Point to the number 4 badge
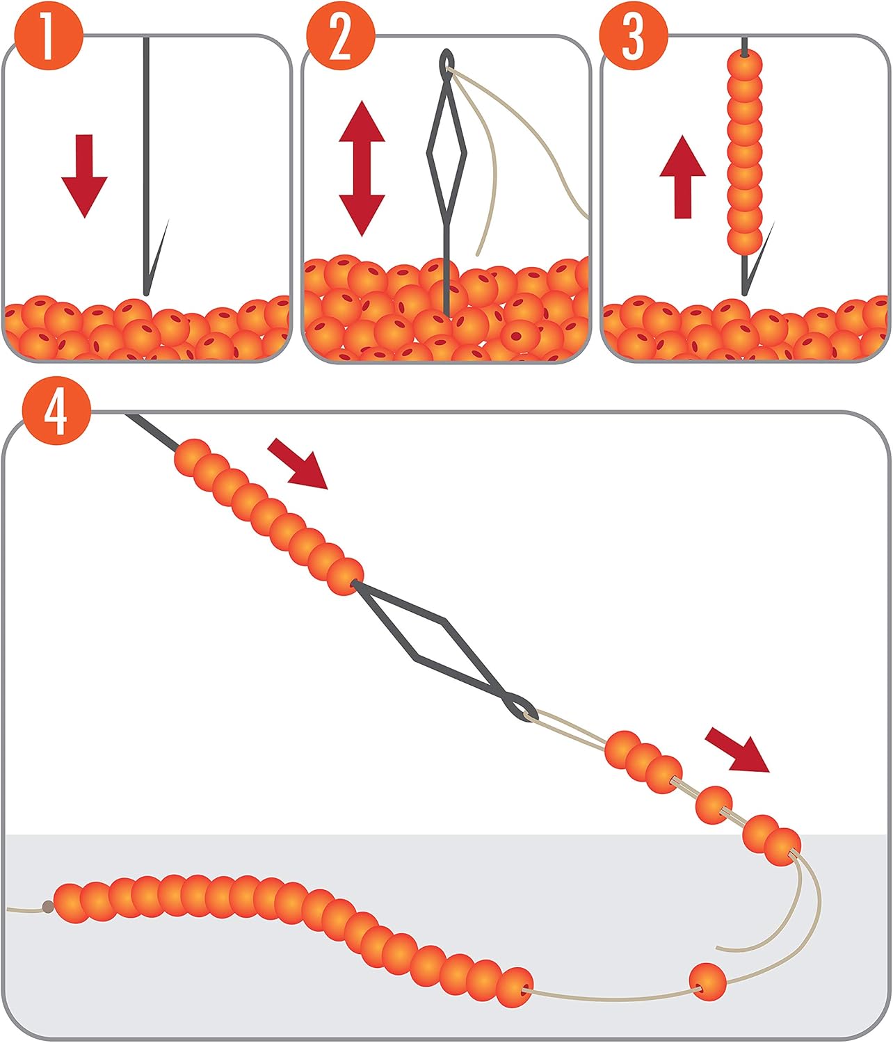(x=56, y=416)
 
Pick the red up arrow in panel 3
(x=682, y=177)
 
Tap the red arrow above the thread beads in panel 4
(x=737, y=750)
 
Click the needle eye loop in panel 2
(x=445, y=63)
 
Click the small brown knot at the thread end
(x=47, y=906)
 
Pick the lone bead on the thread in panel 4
(x=707, y=981)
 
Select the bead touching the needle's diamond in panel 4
(x=344, y=576)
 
